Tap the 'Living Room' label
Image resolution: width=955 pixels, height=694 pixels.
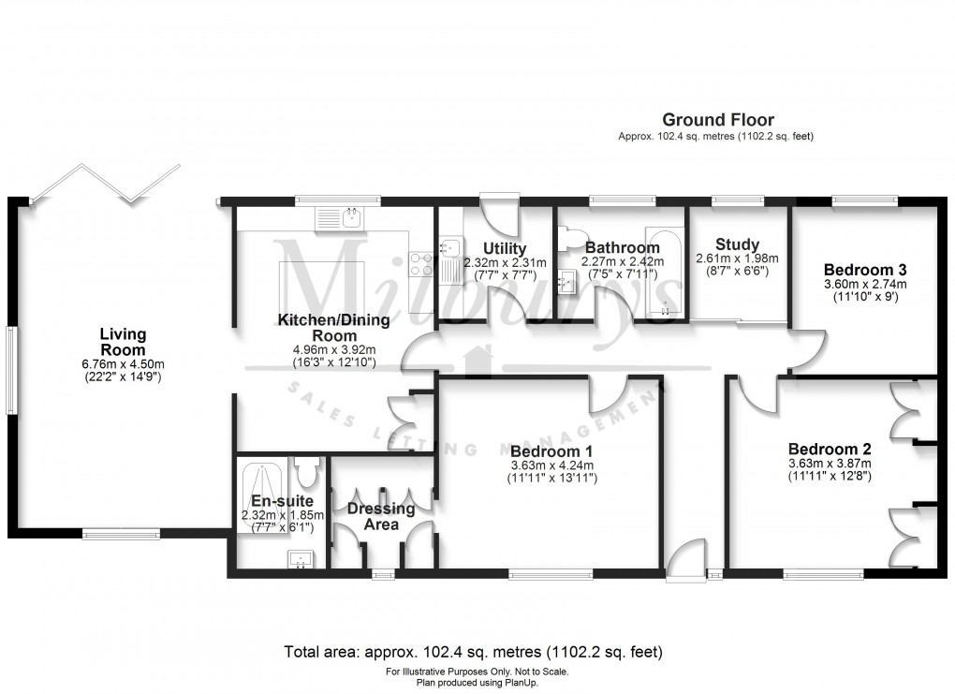pyautogui.click(x=123, y=342)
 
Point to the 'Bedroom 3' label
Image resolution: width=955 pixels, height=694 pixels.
pyautogui.click(x=864, y=267)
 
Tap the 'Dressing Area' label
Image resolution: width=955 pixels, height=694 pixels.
pyautogui.click(x=380, y=516)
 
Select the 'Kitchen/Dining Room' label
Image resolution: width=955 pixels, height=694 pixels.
pyautogui.click(x=333, y=328)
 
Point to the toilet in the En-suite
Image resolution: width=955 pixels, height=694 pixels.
pyautogui.click(x=307, y=465)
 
